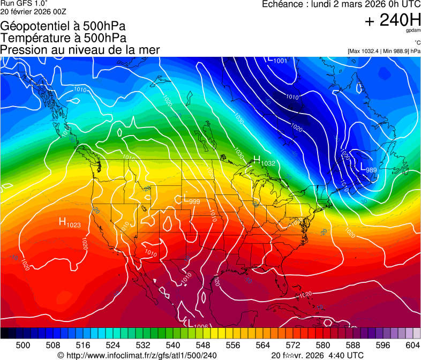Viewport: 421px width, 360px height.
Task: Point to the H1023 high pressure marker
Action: pyautogui.click(x=70, y=222)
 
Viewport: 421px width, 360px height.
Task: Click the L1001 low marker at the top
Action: pyautogui.click(x=278, y=60)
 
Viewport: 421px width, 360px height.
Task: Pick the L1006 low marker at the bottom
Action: pyautogui.click(x=197, y=324)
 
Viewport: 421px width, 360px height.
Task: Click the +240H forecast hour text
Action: pyautogui.click(x=392, y=20)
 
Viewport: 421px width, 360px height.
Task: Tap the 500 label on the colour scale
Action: pyautogui.click(x=23, y=344)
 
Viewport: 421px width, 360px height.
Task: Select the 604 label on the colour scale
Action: pyautogui.click(x=412, y=344)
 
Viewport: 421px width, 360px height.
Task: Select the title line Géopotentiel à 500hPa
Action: pyautogui.click(x=63, y=26)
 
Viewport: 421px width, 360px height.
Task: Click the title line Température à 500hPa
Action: pyautogui.click(x=63, y=38)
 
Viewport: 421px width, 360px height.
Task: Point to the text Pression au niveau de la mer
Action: pyautogui.click(x=80, y=50)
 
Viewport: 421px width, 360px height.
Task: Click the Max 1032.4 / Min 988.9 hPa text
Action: pyautogui.click(x=384, y=51)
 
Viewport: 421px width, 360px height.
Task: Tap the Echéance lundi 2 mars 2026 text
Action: pyautogui.click(x=341, y=4)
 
